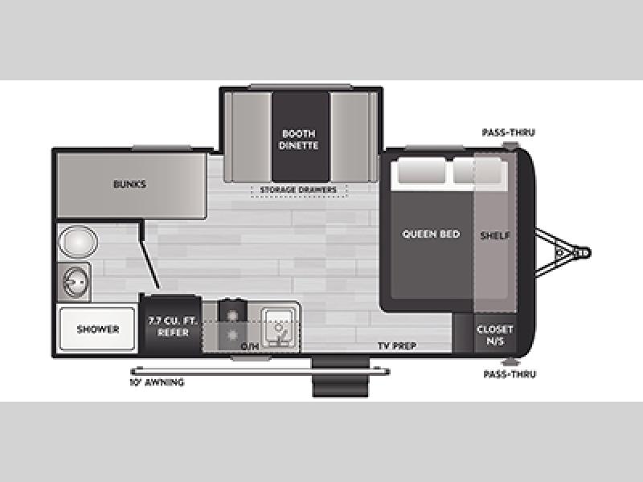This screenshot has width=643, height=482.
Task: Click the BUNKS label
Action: [x=129, y=184]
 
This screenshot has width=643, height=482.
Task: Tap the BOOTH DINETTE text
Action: [x=298, y=139]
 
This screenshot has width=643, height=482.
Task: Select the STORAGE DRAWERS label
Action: [x=298, y=190]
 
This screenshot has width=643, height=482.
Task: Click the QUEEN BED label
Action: [x=431, y=234]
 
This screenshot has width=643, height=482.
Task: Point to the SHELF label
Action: [x=495, y=235]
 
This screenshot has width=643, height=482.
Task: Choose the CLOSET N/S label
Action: [x=495, y=335]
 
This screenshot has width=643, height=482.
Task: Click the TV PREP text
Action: [x=397, y=346]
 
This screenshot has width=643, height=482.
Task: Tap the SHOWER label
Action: [x=98, y=329]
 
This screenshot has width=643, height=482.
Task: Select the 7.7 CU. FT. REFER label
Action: [x=173, y=326]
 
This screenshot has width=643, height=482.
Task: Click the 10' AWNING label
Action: [x=157, y=382]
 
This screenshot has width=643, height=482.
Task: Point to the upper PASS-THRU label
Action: [x=509, y=133]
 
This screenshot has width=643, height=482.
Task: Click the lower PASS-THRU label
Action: [x=510, y=374]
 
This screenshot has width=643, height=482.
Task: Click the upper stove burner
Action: [x=232, y=315]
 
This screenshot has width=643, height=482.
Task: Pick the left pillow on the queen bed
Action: [x=421, y=170]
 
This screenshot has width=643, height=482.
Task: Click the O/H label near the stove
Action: [x=250, y=347]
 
